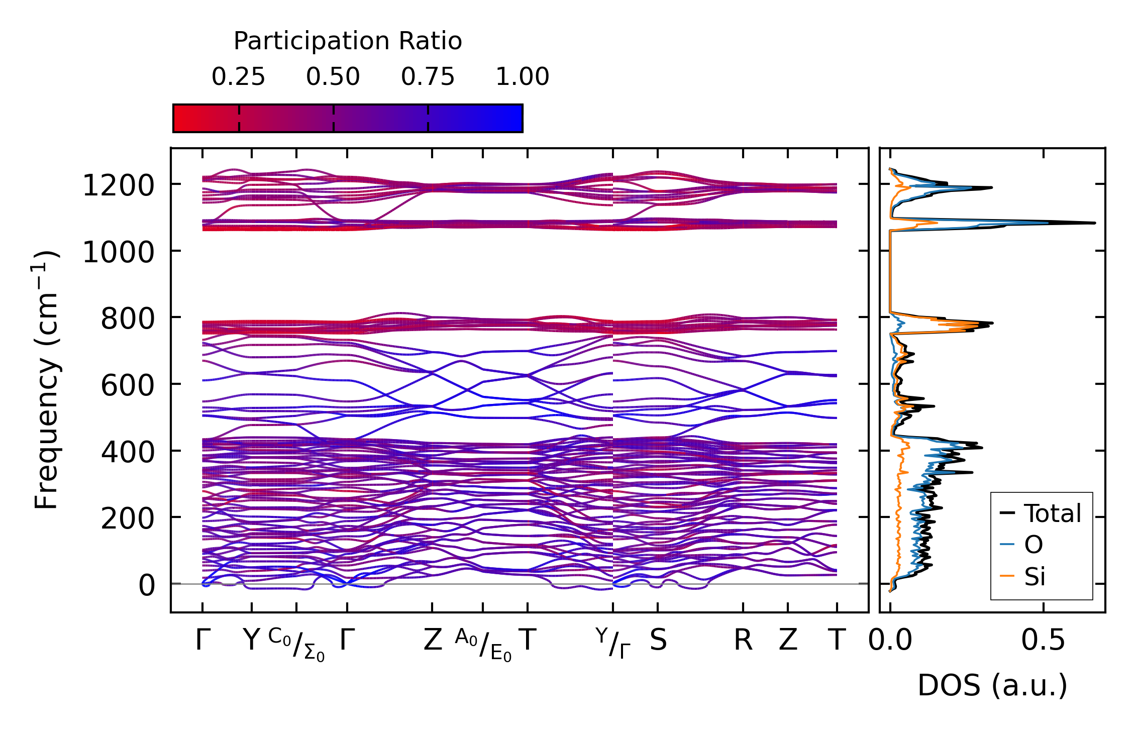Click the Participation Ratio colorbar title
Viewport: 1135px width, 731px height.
pyautogui.click(x=348, y=41)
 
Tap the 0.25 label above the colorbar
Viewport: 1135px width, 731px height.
pyautogui.click(x=238, y=77)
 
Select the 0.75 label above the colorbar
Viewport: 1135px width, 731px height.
pyautogui.click(x=428, y=77)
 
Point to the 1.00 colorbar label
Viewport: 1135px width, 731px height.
pyautogui.click(x=523, y=77)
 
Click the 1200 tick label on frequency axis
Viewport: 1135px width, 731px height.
pyautogui.click(x=118, y=186)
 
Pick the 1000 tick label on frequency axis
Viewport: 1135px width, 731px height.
pyautogui.click(x=118, y=252)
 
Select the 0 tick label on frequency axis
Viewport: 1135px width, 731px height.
pyautogui.click(x=147, y=585)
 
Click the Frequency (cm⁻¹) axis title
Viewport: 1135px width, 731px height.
pyautogui.click(x=46, y=380)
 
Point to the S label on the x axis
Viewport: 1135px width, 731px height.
pyautogui.click(x=658, y=641)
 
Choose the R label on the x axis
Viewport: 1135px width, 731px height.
pyautogui.click(x=743, y=641)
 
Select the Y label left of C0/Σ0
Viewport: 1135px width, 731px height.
pyautogui.click(x=251, y=641)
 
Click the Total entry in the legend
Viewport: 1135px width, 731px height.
pyautogui.click(x=1052, y=513)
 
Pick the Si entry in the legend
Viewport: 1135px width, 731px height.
pyautogui.click(x=1035, y=576)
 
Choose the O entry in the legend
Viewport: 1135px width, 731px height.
pyautogui.click(x=1034, y=545)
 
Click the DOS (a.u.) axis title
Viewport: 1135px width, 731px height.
pyautogui.click(x=992, y=685)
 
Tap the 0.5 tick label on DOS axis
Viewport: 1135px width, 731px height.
pyautogui.click(x=1043, y=641)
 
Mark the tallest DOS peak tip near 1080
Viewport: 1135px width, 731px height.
pyautogui.click(x=1094, y=223)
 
